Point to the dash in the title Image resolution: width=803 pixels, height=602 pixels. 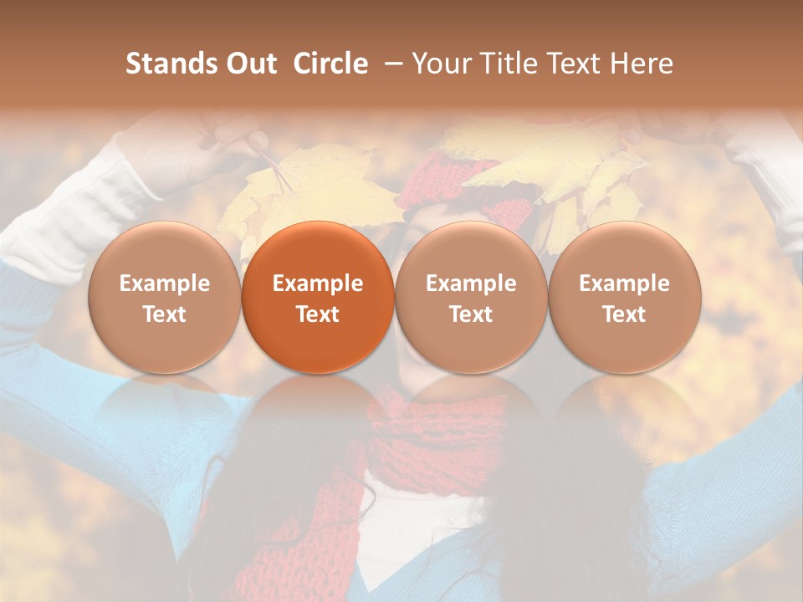tap(391, 64)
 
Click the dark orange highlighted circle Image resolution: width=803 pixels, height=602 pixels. tap(318, 297)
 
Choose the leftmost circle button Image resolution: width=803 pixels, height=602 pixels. tap(165, 297)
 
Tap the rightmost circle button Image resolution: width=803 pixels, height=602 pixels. tap(625, 297)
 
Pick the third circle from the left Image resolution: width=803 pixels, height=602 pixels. tap(471, 297)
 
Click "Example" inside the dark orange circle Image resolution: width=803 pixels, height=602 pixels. tap(318, 283)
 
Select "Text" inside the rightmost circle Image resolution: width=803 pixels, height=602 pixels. tap(625, 314)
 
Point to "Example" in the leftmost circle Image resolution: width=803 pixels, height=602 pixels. tap(165, 283)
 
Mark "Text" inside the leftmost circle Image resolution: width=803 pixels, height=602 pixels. tap(165, 314)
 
